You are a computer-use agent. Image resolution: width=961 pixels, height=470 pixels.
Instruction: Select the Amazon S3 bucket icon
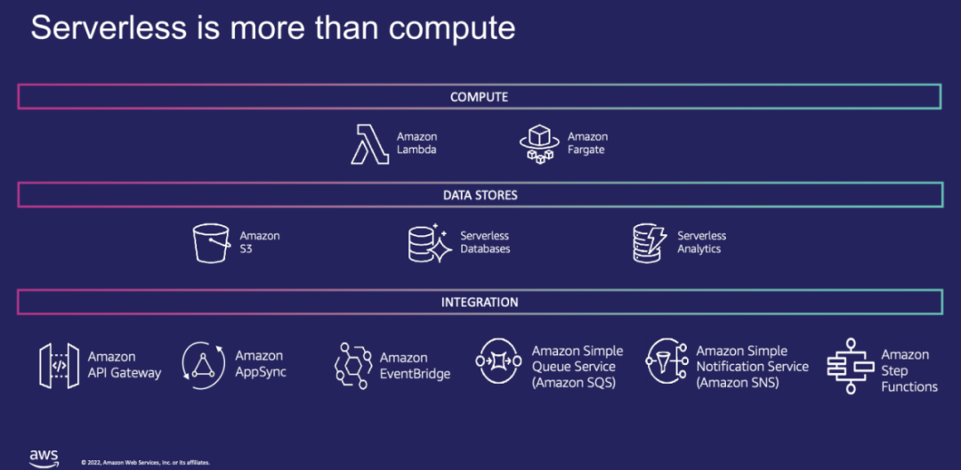coord(212,242)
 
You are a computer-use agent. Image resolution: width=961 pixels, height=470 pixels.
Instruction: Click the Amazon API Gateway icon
coord(60,365)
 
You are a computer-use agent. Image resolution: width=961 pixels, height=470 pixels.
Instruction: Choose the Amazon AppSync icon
coord(203,365)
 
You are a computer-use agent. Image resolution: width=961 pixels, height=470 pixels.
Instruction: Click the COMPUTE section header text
coord(479,96)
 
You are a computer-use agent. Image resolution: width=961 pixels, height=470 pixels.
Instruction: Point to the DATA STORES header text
coord(480,195)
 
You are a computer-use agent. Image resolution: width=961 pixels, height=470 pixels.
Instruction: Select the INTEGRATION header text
coord(480,303)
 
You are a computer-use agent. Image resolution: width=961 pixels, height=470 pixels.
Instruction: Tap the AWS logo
coord(44,458)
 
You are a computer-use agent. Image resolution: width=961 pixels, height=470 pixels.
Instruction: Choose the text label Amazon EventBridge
coord(415,366)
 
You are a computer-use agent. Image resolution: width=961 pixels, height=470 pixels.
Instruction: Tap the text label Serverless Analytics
coord(702,242)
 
